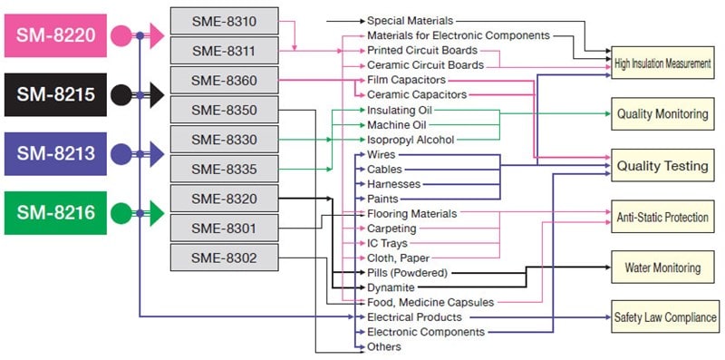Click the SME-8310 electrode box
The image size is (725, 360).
click(224, 21)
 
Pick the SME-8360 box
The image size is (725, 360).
click(224, 81)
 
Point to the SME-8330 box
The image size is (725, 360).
click(224, 140)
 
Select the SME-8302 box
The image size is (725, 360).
click(224, 258)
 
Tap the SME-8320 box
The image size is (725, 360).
click(224, 199)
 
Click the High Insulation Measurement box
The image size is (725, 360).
click(662, 63)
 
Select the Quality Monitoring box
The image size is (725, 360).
click(662, 115)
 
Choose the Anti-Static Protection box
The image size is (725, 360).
click(662, 218)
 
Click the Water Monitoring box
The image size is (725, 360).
click(662, 268)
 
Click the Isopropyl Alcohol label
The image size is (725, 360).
click(411, 140)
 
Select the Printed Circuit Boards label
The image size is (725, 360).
click(421, 51)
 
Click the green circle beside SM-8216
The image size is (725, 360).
click(121, 214)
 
